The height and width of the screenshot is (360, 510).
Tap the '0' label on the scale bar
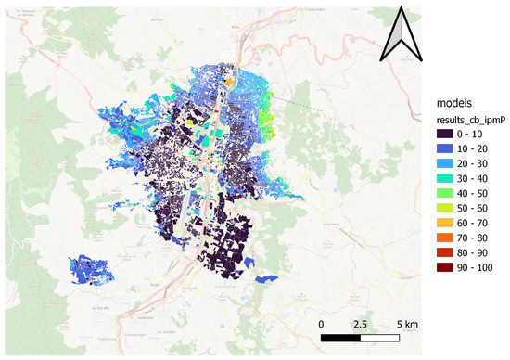tap(321, 324)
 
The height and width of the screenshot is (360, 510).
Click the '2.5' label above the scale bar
tap(361, 324)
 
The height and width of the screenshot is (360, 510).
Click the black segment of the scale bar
tap(340, 338)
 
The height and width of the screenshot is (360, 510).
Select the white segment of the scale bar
tap(380, 338)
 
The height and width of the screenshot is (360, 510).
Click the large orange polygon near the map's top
tap(229, 82)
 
